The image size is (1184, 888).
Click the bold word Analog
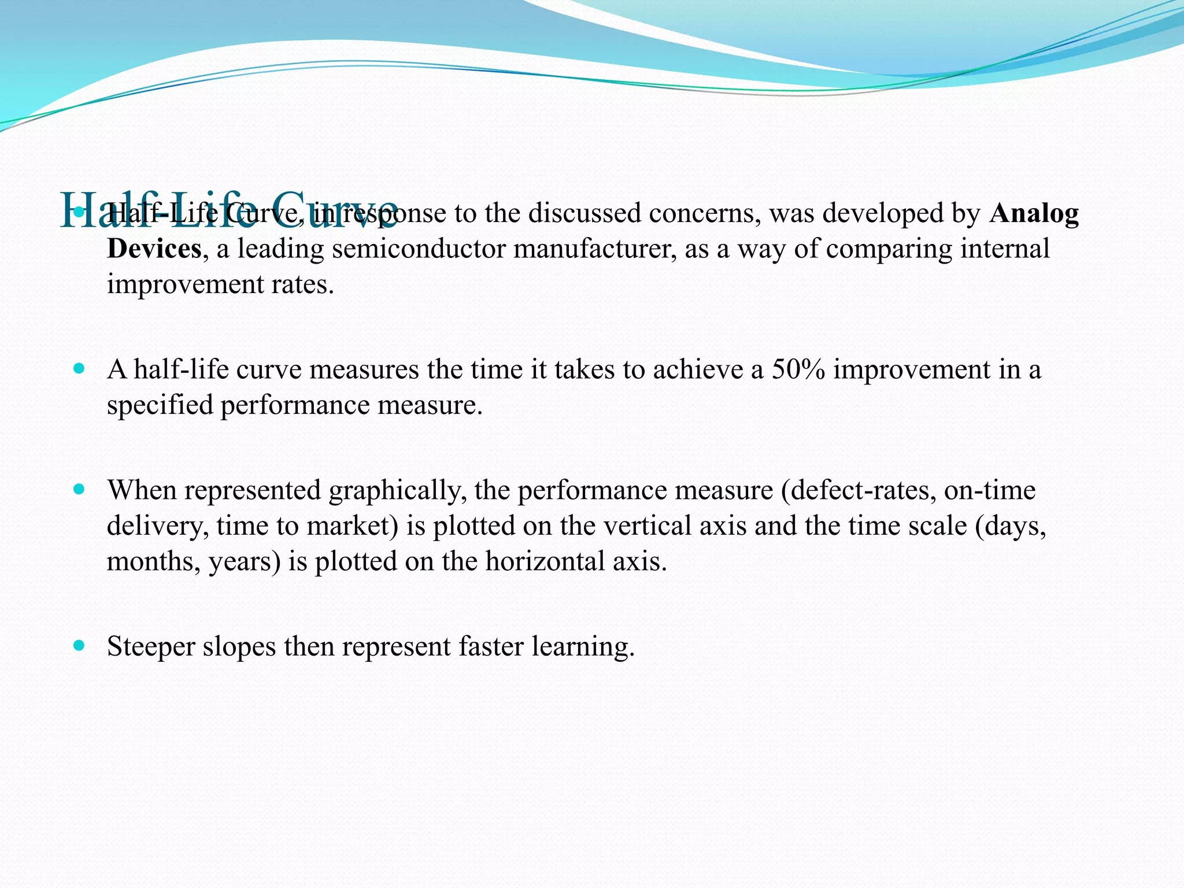tap(1034, 214)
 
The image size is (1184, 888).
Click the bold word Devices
tap(154, 249)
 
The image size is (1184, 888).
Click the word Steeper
tap(151, 647)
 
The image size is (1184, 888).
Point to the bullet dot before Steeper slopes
tap(79, 645)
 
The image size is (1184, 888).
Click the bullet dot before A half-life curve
tap(79, 368)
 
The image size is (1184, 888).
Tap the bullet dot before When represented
tap(79, 489)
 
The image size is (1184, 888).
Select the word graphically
tap(398, 491)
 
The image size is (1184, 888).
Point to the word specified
tap(160, 405)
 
